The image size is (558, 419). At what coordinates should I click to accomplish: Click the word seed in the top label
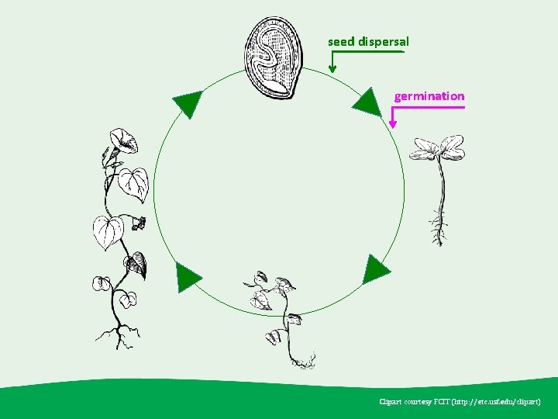pos(341,40)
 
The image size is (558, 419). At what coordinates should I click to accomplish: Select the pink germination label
pos(429,96)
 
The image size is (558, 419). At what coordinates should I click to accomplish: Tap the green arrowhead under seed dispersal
pos(332,68)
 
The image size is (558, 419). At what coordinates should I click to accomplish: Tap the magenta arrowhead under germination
pos(393,123)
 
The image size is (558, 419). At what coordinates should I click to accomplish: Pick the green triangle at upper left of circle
pos(187,102)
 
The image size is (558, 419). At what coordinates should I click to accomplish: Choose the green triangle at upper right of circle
pos(367,102)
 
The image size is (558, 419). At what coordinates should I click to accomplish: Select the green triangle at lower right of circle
pos(376,269)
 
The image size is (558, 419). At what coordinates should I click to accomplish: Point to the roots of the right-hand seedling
pos(439,232)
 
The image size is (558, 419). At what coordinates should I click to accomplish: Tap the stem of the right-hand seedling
pos(441,190)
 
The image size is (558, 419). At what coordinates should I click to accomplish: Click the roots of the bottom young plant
pos(301,360)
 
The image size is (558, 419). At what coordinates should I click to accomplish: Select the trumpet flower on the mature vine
pos(122,141)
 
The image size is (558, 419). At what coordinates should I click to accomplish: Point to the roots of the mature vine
pos(119,335)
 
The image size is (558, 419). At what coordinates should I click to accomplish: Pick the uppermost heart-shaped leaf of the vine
pos(133,182)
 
